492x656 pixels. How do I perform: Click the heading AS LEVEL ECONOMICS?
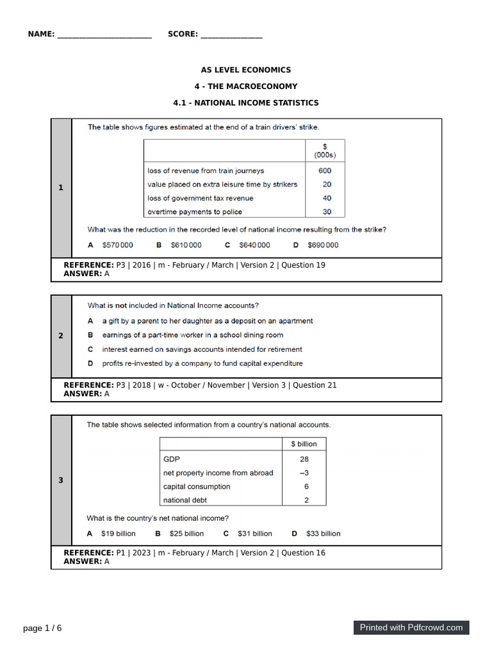tap(246, 70)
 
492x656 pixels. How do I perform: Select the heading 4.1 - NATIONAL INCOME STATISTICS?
tap(246, 102)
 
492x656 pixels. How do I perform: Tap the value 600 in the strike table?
tap(325, 170)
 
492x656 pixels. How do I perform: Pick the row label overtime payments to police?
tap(195, 211)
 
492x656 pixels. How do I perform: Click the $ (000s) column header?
tap(325, 151)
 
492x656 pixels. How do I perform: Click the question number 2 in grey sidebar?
tap(61, 336)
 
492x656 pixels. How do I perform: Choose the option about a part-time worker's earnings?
tap(192, 335)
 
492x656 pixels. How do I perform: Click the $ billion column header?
tap(304, 443)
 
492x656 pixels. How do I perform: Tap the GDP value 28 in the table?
tap(304, 459)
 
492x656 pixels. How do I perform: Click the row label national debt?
tap(185, 500)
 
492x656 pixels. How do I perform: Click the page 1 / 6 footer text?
tap(42, 628)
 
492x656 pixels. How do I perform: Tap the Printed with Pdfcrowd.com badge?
tap(411, 627)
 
